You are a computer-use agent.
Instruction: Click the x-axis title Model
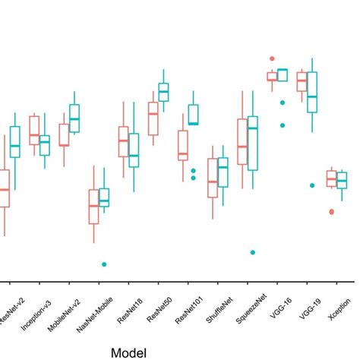(x=129, y=352)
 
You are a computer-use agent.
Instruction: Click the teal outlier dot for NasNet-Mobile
(x=104, y=264)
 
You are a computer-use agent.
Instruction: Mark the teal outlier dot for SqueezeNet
(x=253, y=252)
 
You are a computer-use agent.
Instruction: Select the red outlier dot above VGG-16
(x=271, y=58)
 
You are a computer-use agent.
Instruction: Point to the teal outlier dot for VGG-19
(x=312, y=185)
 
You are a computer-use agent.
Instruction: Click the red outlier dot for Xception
(x=331, y=212)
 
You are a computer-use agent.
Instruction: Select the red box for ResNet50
(x=153, y=118)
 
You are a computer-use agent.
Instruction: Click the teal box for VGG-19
(x=311, y=92)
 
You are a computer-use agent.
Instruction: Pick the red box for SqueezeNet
(x=242, y=141)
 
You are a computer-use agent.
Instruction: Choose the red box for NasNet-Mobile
(x=93, y=207)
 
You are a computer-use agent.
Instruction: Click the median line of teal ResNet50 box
(x=163, y=91)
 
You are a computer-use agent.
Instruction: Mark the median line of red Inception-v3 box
(x=34, y=135)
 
